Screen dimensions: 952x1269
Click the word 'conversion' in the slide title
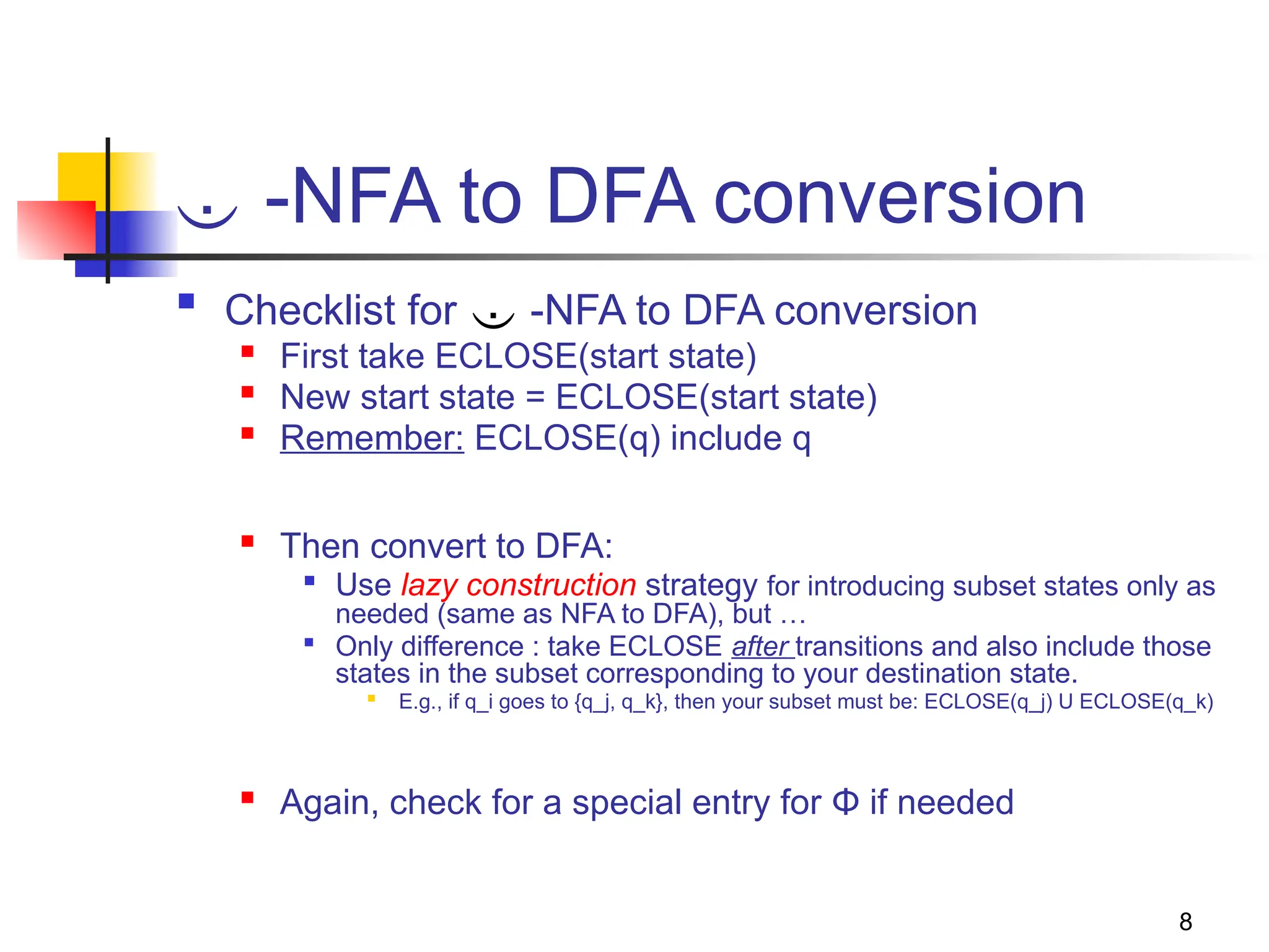pos(899,197)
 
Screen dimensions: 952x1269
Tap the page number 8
pos(1185,922)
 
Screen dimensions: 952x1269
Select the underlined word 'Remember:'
pos(372,438)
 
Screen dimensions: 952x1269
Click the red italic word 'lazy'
pos(429,585)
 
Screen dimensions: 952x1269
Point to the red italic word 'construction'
pos(551,585)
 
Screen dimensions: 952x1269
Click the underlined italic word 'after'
pos(760,646)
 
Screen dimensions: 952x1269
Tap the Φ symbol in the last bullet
pos(845,801)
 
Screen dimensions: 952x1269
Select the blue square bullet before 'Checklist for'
pos(186,301)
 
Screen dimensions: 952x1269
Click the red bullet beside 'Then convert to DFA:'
pos(248,542)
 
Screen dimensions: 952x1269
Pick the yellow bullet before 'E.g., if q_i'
pos(371,699)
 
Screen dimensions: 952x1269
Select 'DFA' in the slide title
pos(620,197)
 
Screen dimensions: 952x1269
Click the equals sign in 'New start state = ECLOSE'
pos(535,397)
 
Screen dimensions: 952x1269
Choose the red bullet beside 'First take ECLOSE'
pos(248,352)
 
